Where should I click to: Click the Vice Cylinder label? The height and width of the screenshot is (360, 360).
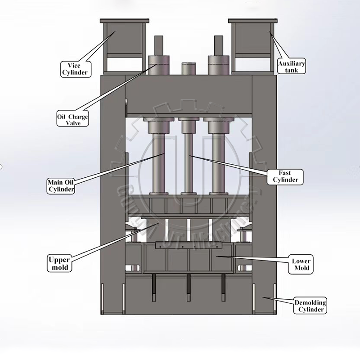pyautogui.click(x=75, y=68)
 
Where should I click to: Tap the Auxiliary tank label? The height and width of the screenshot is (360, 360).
pyautogui.click(x=291, y=67)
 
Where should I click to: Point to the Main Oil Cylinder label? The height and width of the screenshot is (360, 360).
pyautogui.click(x=61, y=185)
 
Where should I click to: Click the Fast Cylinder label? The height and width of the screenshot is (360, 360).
pyautogui.click(x=285, y=176)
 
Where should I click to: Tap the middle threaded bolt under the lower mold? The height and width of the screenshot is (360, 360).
pyautogui.click(x=189, y=288)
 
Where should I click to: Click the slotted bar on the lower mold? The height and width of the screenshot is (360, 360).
pyautogui.click(x=189, y=246)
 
